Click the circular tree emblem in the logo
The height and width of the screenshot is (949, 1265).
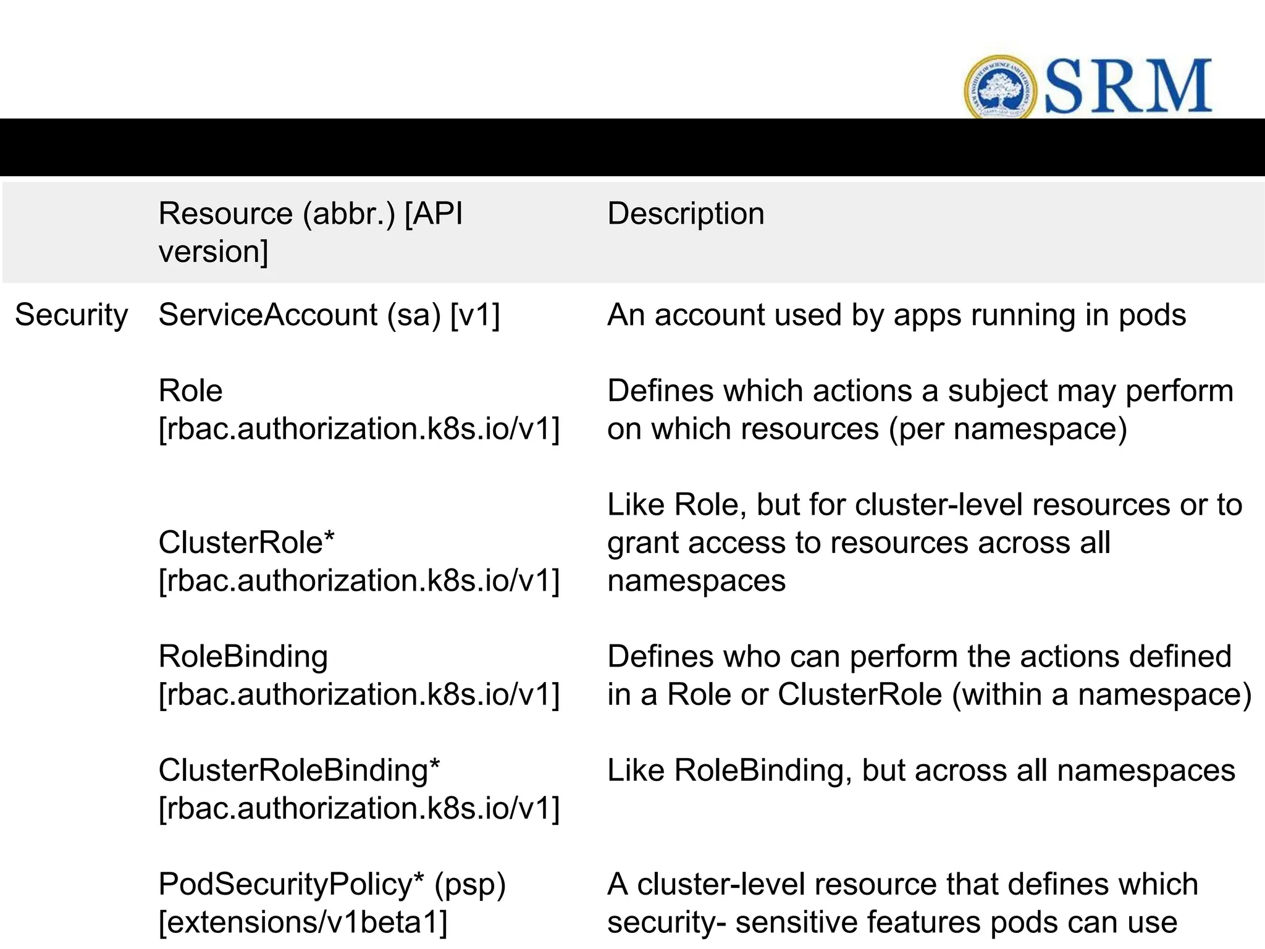click(x=1000, y=87)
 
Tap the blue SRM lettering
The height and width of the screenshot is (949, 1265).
click(x=1128, y=87)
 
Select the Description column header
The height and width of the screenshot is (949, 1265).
click(x=686, y=214)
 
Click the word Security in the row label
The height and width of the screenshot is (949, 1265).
click(x=71, y=315)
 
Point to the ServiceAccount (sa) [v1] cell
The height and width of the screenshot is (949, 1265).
click(x=329, y=315)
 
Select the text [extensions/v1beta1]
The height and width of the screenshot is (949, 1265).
click(x=303, y=922)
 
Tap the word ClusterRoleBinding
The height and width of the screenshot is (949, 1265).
click(x=293, y=770)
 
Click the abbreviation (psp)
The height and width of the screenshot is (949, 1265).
click(x=470, y=885)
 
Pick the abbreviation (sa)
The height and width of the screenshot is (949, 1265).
click(x=414, y=315)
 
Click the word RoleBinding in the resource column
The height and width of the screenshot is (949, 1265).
click(x=243, y=656)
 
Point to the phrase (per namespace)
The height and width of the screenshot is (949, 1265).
click(x=1007, y=429)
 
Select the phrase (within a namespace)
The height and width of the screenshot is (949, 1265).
click(x=1101, y=694)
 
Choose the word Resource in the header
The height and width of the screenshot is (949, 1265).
click(x=225, y=214)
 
